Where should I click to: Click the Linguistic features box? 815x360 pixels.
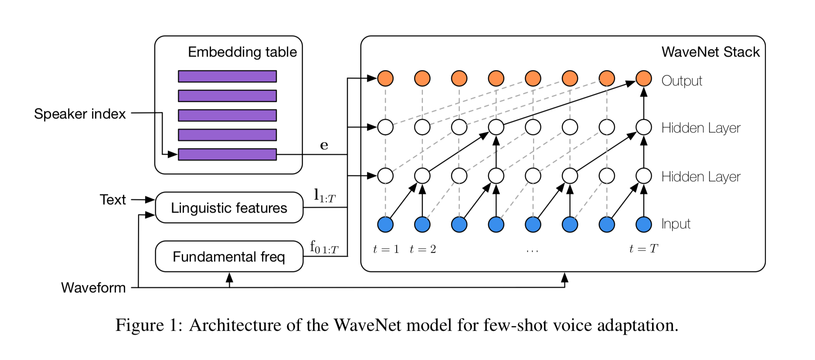pyautogui.click(x=229, y=208)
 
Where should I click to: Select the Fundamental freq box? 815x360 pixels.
pyautogui.click(x=229, y=257)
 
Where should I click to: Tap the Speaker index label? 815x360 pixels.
pyautogui.click(x=80, y=114)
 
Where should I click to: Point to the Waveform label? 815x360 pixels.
pyautogui.click(x=93, y=288)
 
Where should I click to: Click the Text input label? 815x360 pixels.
pyautogui.click(x=112, y=200)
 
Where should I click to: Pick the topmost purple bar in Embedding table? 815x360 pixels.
pyautogui.click(x=227, y=76)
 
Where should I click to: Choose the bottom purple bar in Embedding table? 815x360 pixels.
pyautogui.click(x=227, y=154)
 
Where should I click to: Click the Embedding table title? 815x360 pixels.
pyautogui.click(x=242, y=52)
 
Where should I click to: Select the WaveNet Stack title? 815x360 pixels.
pyautogui.click(x=710, y=52)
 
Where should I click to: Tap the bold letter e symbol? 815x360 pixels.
pyautogui.click(x=324, y=145)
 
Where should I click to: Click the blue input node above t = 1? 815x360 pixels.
pyautogui.click(x=385, y=224)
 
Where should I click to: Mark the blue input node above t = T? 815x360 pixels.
pyautogui.click(x=644, y=224)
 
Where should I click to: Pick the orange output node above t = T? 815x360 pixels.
pyautogui.click(x=644, y=78)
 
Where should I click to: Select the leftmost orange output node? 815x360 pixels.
pyautogui.click(x=385, y=78)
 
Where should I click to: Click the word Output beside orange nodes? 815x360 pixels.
pyautogui.click(x=682, y=81)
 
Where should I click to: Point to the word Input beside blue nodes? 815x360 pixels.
pyautogui.click(x=676, y=224)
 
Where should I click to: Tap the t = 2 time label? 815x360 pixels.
pyautogui.click(x=423, y=249)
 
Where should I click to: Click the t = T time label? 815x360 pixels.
pyautogui.click(x=643, y=249)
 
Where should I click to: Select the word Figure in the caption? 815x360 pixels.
pyautogui.click(x=139, y=325)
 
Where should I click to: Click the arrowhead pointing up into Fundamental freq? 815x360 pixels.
pyautogui.click(x=229, y=277)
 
